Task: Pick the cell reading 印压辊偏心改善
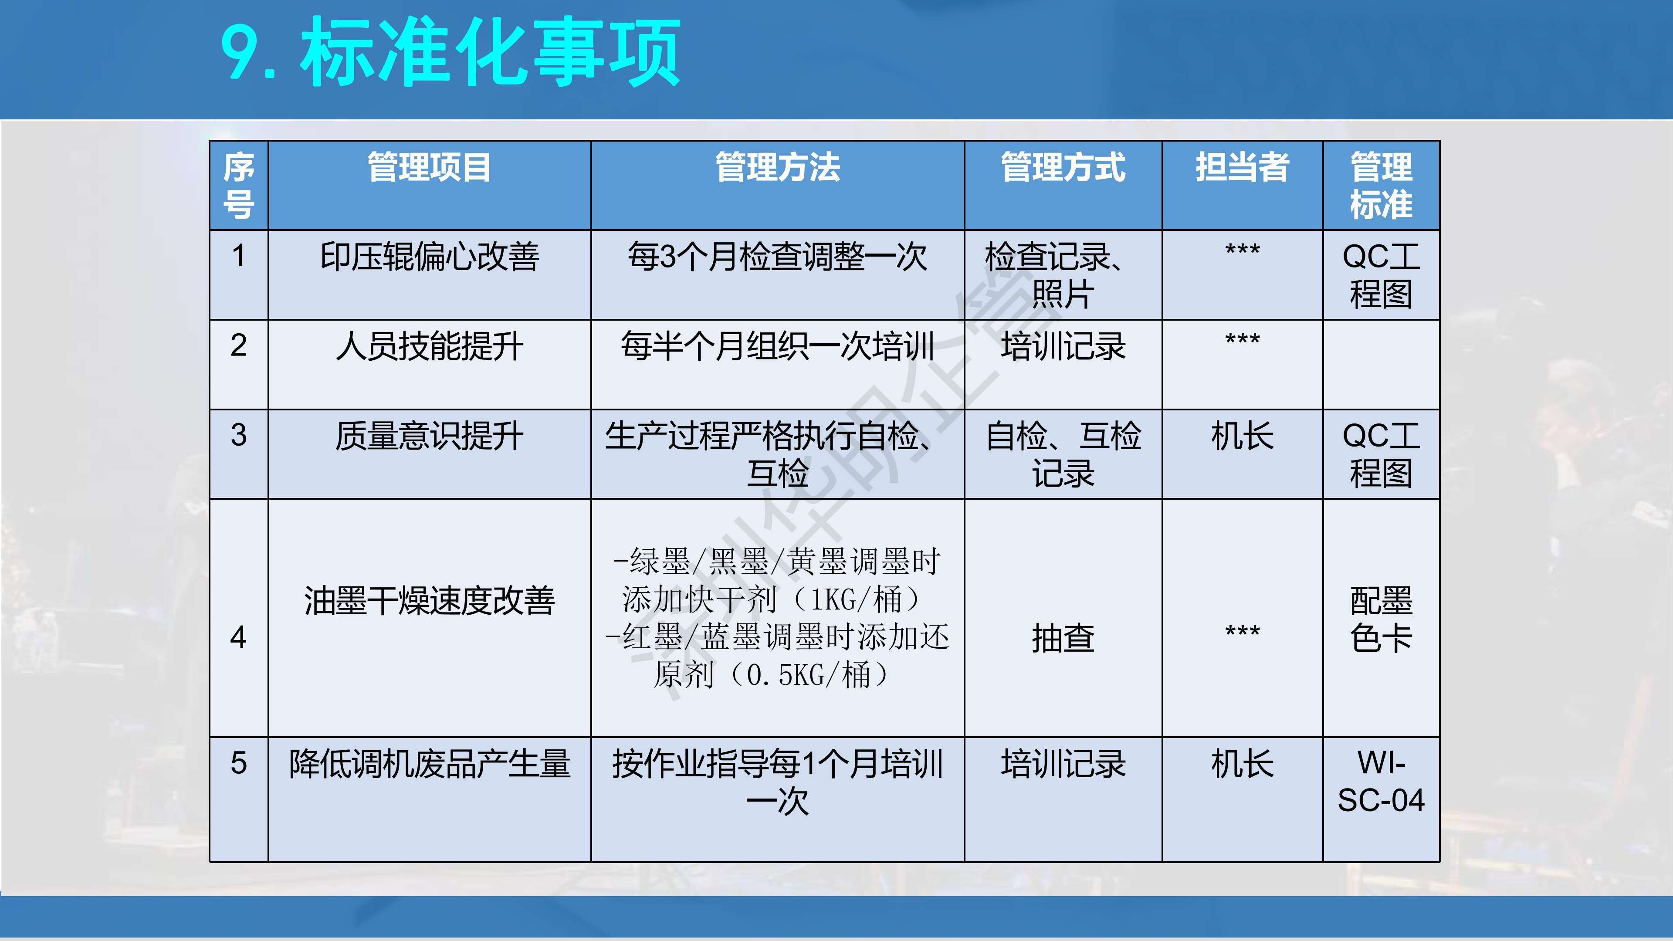(429, 257)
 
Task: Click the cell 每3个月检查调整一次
(777, 257)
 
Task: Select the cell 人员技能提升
(429, 346)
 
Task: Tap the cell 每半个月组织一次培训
(777, 346)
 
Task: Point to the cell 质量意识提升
(429, 436)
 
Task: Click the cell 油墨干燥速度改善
(429, 601)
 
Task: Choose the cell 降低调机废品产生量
(429, 764)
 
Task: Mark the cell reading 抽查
(1063, 638)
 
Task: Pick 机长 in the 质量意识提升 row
(1242, 436)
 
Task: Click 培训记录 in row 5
(1063, 764)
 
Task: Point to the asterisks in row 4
(1242, 630)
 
